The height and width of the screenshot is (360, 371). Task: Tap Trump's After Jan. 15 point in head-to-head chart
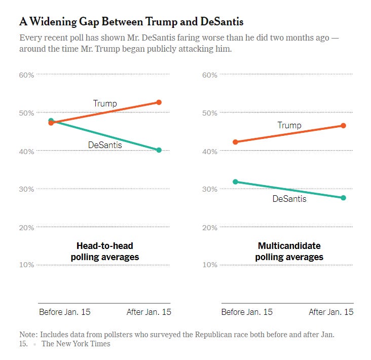pyautogui.click(x=159, y=102)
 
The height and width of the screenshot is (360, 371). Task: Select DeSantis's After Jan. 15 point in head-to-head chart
pyautogui.click(x=159, y=150)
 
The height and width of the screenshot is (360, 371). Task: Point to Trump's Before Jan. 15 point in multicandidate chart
pyautogui.click(x=235, y=142)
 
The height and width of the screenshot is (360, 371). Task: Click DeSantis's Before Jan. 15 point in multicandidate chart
pyautogui.click(x=235, y=182)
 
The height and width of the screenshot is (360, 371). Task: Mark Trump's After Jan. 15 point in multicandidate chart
pyautogui.click(x=343, y=126)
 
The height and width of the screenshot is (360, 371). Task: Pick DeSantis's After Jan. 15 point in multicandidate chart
pyautogui.click(x=343, y=198)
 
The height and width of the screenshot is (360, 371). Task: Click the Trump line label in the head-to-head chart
pyautogui.click(x=105, y=103)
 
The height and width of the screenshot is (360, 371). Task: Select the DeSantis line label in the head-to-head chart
pyautogui.click(x=105, y=146)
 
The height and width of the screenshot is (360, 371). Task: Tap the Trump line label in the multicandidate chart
pyautogui.click(x=289, y=125)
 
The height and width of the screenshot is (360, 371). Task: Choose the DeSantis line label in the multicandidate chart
pyautogui.click(x=289, y=199)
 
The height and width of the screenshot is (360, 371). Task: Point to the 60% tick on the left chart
pyautogui.click(x=26, y=75)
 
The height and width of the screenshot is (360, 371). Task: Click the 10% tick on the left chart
pyautogui.click(x=26, y=265)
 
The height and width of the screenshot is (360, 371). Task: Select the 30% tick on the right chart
pyautogui.click(x=210, y=189)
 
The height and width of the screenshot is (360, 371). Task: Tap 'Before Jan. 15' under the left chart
pyautogui.click(x=65, y=312)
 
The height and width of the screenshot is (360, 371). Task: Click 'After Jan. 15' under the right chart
pyautogui.click(x=331, y=312)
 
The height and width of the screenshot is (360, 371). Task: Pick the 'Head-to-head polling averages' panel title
pyautogui.click(x=104, y=251)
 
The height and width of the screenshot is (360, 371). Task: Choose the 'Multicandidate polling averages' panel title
pyautogui.click(x=289, y=251)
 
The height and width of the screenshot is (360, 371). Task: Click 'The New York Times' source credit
pyautogui.click(x=76, y=344)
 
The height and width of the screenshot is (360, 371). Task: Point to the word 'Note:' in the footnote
pyautogui.click(x=28, y=335)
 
